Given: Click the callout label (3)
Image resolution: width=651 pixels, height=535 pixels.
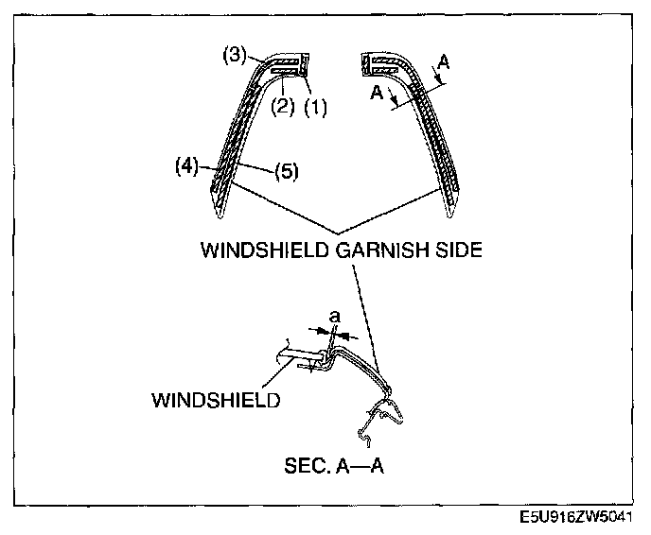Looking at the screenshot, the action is [x=235, y=55].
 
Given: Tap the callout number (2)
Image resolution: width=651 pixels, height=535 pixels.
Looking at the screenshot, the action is [x=282, y=107].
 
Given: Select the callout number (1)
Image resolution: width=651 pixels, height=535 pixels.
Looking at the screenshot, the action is [x=315, y=108].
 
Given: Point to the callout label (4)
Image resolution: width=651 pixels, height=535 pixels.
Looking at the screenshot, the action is [x=186, y=166].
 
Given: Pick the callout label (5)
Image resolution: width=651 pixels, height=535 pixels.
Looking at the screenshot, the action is [x=287, y=171].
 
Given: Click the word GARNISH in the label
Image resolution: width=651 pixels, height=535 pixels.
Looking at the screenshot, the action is [x=382, y=250].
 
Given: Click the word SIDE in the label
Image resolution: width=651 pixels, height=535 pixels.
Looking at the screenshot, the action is [x=459, y=250].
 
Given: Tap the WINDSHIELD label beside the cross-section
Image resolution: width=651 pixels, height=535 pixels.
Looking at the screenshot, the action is [x=216, y=400].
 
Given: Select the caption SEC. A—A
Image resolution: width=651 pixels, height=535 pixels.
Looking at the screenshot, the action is [x=334, y=466].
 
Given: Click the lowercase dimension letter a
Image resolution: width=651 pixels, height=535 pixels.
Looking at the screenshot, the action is [x=335, y=318].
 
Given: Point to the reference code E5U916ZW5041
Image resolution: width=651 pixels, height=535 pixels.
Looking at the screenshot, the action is [x=576, y=517].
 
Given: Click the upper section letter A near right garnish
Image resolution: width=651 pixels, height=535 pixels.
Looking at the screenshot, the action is [x=444, y=62].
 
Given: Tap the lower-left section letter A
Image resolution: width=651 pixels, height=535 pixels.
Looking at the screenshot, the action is [x=377, y=93].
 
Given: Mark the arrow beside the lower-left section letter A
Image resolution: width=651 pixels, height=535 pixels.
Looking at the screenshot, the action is [x=393, y=96].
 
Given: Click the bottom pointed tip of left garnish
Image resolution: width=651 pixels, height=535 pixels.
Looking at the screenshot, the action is [x=220, y=217].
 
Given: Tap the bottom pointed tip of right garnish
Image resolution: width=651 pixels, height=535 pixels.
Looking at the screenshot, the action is [x=449, y=216].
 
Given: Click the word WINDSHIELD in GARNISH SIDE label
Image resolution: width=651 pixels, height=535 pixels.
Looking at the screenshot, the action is [x=266, y=250].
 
